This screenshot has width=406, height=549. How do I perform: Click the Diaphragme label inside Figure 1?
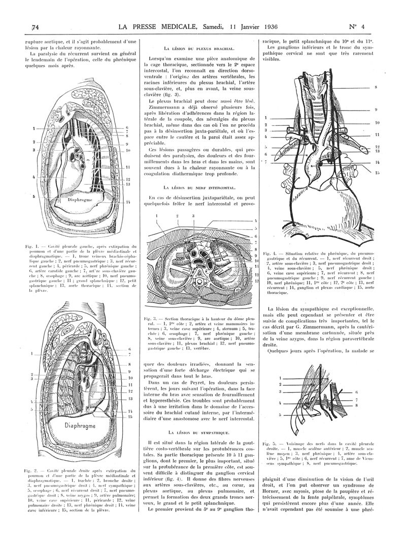pos(81,200)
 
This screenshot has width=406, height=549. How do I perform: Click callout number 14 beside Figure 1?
pos(128,202)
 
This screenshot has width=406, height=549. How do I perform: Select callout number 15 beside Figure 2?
pos(130,417)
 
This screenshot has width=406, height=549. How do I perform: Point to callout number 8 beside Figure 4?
pos(376,87)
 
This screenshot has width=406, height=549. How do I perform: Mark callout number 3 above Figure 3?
pos(193,216)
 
